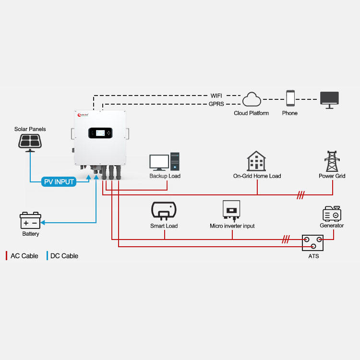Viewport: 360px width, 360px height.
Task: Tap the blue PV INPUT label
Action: point(59,182)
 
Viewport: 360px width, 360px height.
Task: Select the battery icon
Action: point(30,220)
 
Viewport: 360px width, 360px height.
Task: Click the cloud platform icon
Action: point(251,100)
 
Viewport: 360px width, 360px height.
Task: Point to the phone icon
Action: point(290,98)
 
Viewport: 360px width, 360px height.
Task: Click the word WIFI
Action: point(217,96)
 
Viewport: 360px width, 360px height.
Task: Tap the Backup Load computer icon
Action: point(165,162)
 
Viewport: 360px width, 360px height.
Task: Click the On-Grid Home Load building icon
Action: point(256,161)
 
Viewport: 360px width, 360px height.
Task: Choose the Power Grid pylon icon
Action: point(332,161)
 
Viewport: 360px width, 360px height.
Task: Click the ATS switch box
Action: point(312,242)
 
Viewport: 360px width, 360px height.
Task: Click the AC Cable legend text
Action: point(24,256)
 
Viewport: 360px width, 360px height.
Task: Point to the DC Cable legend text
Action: point(64,256)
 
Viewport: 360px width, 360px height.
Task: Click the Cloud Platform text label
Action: point(251,113)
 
